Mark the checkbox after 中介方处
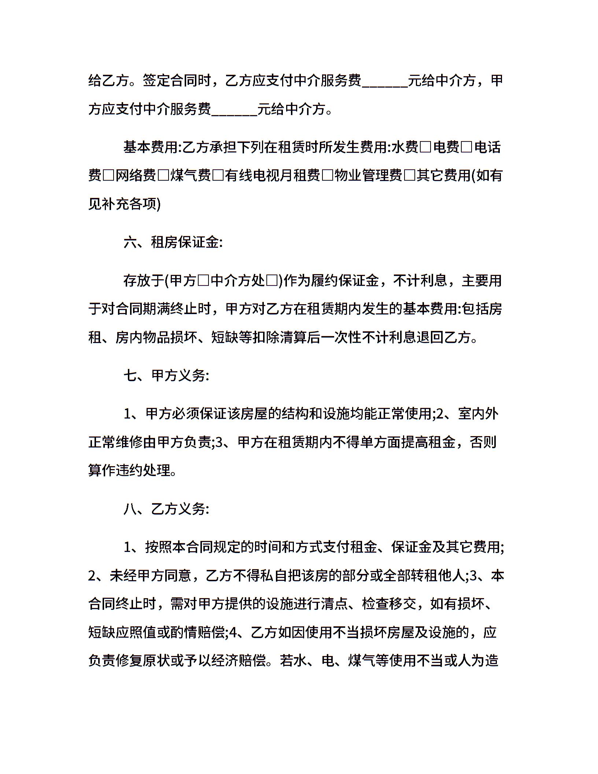(272, 281)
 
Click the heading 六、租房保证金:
(173, 243)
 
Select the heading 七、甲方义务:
(166, 376)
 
